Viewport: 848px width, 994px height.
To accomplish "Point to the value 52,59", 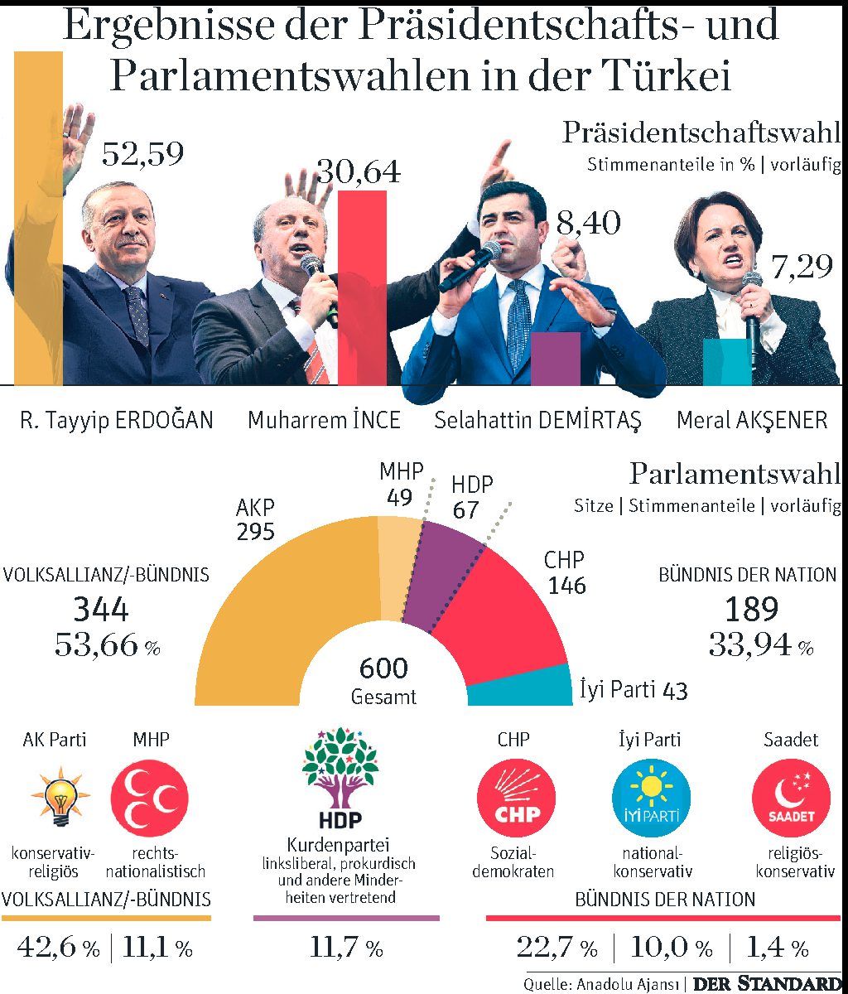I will click(x=142, y=154).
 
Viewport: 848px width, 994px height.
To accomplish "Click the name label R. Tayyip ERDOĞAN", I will click(x=116, y=420).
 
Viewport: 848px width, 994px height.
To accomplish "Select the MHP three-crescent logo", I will click(x=150, y=800).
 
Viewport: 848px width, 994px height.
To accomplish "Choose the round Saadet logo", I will click(x=790, y=800).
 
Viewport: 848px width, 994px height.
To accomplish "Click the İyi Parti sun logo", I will click(x=650, y=800).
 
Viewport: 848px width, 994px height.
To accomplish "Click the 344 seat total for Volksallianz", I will click(x=101, y=610).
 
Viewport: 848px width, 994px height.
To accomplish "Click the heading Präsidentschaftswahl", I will click(x=701, y=133).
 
